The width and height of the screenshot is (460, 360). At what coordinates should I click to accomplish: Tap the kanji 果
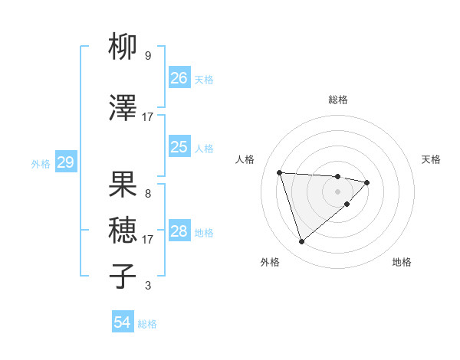tap(123, 185)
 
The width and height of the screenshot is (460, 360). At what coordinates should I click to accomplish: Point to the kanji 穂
tap(123, 231)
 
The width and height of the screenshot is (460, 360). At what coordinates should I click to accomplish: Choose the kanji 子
tap(123, 277)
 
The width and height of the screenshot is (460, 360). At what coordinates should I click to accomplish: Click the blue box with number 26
tap(179, 77)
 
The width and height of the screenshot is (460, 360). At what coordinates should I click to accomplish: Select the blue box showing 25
tap(179, 147)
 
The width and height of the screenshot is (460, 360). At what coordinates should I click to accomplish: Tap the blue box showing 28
tap(179, 231)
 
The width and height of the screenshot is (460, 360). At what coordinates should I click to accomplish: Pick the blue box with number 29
tap(65, 162)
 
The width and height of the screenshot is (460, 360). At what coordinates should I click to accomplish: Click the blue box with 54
tap(123, 322)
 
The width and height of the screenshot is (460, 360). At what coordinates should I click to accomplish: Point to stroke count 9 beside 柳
tap(148, 56)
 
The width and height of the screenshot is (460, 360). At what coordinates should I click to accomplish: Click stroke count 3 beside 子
tap(148, 286)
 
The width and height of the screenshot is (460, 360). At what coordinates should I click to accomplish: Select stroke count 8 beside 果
tap(148, 194)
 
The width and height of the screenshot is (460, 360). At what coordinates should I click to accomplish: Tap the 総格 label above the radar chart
tap(338, 100)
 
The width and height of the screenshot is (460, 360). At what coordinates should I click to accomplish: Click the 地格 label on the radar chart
tap(402, 263)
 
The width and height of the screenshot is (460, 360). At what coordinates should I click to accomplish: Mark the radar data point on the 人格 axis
tap(280, 172)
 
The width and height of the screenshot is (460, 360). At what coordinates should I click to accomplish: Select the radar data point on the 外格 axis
tap(301, 242)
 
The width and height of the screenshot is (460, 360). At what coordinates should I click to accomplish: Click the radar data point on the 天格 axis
tap(368, 182)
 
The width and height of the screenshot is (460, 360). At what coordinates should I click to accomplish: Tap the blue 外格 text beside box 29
tap(41, 163)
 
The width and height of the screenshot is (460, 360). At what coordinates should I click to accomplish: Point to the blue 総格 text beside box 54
tap(147, 323)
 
